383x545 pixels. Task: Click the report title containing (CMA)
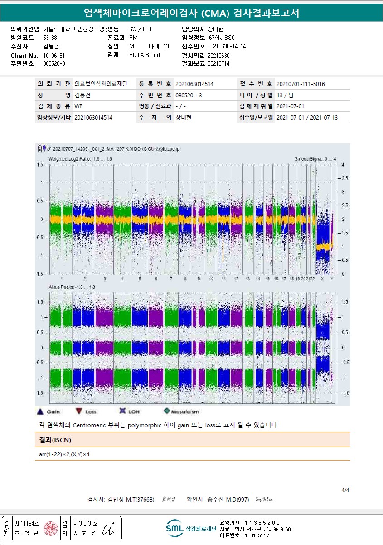coord(191,13)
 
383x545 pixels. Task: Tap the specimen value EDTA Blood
coord(144,55)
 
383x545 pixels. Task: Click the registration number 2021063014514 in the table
coord(194,84)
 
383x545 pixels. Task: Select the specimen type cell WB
coord(78,106)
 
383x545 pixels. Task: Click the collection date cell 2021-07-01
coord(290,106)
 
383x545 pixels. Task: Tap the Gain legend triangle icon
coord(40,411)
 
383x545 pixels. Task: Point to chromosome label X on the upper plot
coord(322,279)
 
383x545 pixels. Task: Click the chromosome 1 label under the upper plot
coord(62,279)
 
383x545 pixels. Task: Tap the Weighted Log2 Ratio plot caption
coord(80,159)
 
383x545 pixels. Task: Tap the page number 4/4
coord(345,490)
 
